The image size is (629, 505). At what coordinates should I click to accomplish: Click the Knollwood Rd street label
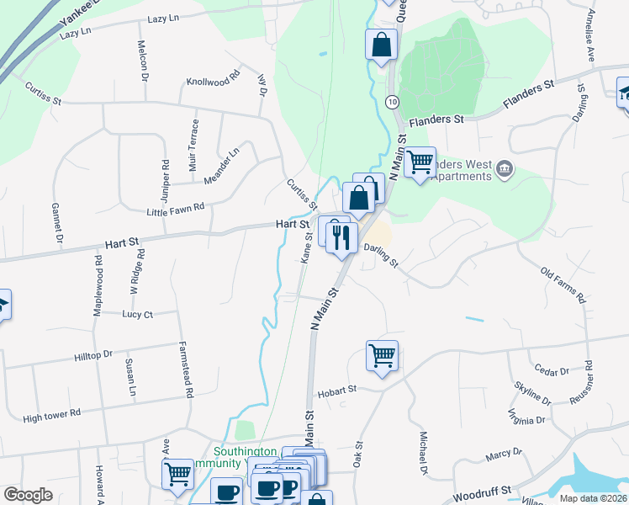pyautogui.click(x=214, y=82)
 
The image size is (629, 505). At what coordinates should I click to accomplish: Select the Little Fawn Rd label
pyautogui.click(x=175, y=210)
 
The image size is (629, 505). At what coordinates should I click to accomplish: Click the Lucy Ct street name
pyautogui.click(x=137, y=314)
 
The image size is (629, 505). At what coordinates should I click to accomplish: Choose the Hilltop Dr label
pyautogui.click(x=92, y=356)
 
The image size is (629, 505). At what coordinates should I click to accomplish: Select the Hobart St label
pyautogui.click(x=336, y=391)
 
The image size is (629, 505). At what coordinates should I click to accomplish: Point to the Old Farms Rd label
pyautogui.click(x=563, y=285)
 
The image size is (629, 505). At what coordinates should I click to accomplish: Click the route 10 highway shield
pyautogui.click(x=393, y=101)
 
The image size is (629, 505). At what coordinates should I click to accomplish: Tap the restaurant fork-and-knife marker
pyautogui.click(x=341, y=237)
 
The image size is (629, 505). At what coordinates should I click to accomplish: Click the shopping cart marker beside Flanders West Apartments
pyautogui.click(x=420, y=161)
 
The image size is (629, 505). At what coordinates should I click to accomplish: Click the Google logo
pyautogui.click(x=28, y=495)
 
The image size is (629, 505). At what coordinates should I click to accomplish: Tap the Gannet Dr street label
pyautogui.click(x=58, y=225)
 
